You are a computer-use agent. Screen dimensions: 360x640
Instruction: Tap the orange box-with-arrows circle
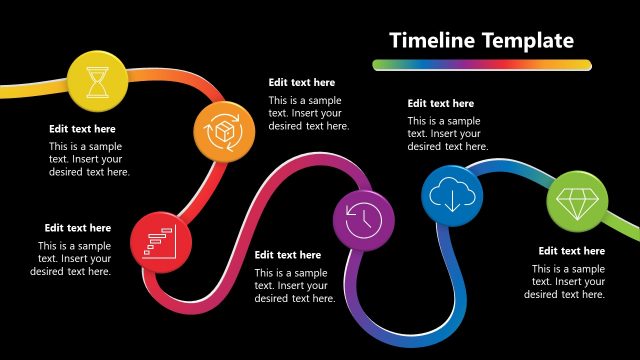point(223,131)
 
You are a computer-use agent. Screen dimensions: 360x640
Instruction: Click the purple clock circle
point(363,218)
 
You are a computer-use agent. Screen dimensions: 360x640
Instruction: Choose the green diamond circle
point(577,203)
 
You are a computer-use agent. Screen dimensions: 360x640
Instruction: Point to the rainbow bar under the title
point(480,65)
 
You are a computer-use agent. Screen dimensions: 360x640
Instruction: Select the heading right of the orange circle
point(301,83)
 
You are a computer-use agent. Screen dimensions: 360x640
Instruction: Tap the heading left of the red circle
point(78,228)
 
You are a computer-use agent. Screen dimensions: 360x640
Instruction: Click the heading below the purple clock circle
point(288,255)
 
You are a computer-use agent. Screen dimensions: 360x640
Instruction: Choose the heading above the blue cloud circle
point(440,103)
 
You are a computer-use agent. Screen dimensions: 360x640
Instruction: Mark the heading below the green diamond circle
point(571,251)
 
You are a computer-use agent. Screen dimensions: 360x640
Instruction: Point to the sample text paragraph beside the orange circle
point(308,113)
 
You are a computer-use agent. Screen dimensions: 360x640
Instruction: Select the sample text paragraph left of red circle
point(73,258)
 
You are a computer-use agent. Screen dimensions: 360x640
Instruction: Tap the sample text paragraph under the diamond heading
point(566,282)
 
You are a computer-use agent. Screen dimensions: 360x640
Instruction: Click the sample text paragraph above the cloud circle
point(444,134)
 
